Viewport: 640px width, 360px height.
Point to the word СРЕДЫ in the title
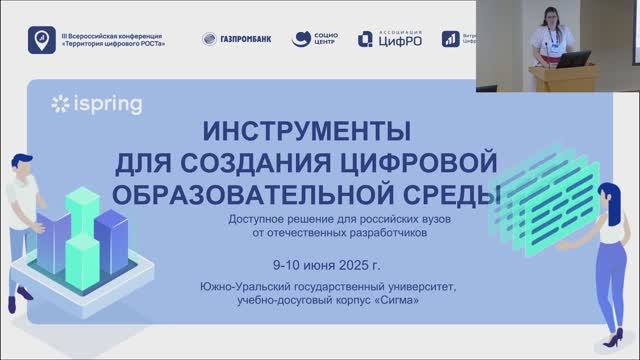(x=449, y=190)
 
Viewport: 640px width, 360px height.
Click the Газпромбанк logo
(x=236, y=39)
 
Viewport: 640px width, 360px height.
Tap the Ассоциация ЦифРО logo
(x=390, y=39)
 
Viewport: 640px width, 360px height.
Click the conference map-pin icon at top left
(x=40, y=40)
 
